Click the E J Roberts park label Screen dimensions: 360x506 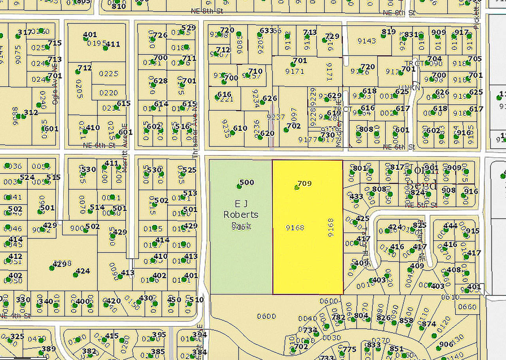pos(241,209)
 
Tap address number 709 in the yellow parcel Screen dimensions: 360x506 pos(304,183)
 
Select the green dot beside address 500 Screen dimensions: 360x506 pos(239,186)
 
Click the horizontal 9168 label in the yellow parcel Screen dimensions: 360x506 pos(295,227)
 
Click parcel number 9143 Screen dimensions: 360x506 pos(366,40)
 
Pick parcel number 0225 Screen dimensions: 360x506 pos(108,74)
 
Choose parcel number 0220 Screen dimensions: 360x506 pos(108,93)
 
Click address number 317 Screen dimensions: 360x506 pos(25,32)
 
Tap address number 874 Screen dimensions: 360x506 pos(429,324)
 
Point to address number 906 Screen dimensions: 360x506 pos(446,344)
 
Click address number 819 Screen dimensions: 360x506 pos(389,32)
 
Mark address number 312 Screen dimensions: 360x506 pos(31,113)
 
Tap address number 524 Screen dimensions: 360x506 pos(27,177)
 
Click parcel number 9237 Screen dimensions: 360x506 pos(276,117)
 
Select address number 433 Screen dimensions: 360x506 pos(356,197)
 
